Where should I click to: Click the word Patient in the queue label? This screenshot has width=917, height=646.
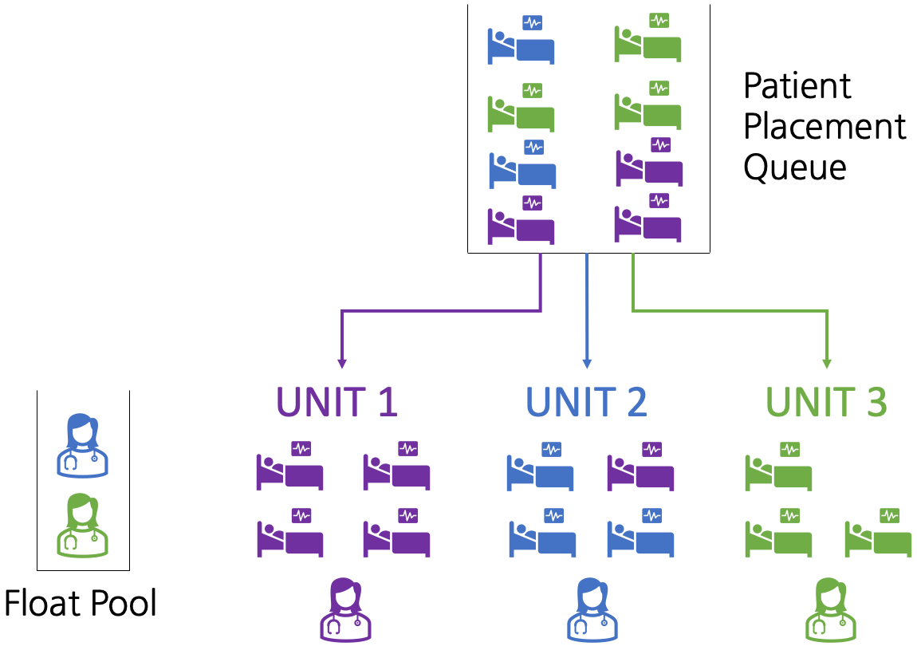coord(797,86)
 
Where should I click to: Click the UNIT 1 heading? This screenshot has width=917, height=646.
coord(336,403)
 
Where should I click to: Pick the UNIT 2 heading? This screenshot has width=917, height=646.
coord(586,403)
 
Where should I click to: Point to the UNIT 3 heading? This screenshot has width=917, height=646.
coord(826,403)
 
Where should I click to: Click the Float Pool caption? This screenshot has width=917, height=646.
coord(81,604)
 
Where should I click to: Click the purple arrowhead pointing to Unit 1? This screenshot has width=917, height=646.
coord(342,364)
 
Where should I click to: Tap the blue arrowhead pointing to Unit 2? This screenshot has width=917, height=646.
coord(587,364)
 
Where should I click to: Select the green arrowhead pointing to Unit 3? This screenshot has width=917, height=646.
coord(827,364)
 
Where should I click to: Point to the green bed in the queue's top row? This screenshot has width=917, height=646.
coord(647,42)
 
